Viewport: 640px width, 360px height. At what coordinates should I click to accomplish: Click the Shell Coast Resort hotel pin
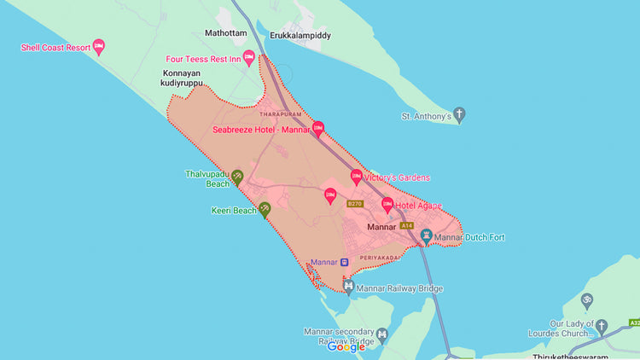coord(98,46)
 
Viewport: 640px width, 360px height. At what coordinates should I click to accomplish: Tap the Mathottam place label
coord(225,34)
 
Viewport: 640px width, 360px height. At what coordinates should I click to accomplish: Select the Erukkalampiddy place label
coord(300,36)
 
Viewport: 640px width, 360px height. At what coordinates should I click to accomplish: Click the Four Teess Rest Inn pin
coord(249,57)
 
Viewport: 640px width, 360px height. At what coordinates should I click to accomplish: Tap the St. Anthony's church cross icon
coord(459,114)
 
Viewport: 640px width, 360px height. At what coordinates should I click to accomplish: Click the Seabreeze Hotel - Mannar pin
coord(318,129)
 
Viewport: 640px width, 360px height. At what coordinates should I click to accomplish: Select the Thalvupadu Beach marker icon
coord(237,177)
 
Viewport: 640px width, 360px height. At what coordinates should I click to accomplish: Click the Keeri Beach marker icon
coord(265,207)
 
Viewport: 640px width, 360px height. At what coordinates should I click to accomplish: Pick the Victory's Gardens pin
coord(357,177)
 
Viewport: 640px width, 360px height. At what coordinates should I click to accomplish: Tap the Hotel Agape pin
coord(387,205)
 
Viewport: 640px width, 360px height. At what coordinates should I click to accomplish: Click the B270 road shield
coord(355,204)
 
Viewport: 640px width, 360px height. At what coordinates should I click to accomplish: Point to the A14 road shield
coord(405,225)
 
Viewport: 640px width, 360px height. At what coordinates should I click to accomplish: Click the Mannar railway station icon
coord(345,261)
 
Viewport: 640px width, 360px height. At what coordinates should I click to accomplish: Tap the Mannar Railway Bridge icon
coord(348,287)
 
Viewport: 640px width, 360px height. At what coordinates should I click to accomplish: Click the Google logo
coord(346,346)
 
